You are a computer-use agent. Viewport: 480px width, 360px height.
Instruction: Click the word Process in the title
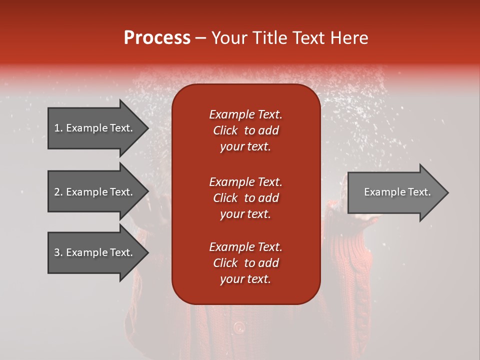point(157,38)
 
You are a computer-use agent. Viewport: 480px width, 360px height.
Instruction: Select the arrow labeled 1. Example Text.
point(95,128)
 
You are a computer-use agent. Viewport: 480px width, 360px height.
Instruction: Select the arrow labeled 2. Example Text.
point(95,192)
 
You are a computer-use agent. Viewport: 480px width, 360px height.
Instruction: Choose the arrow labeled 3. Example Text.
point(95,252)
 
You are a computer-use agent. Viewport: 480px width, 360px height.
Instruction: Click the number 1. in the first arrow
point(58,128)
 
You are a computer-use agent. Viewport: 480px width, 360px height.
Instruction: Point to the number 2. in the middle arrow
point(58,192)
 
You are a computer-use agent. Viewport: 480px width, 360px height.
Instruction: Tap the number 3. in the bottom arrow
point(58,252)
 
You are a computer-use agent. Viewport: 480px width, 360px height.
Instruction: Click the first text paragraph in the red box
point(245,130)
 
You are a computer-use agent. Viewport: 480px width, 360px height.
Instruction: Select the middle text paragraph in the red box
point(245,198)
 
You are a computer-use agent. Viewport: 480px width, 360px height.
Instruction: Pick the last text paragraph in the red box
point(245,263)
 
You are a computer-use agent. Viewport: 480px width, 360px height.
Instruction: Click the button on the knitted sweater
point(239,327)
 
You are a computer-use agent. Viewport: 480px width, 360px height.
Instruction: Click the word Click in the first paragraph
point(225,130)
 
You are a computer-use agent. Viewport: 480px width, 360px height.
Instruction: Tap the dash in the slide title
point(200,38)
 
